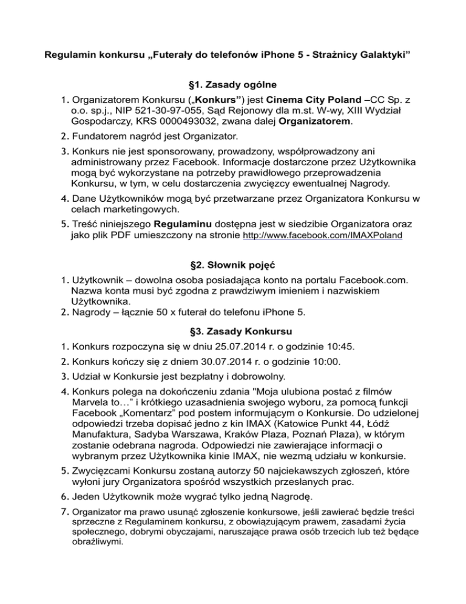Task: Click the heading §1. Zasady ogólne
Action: click(232, 85)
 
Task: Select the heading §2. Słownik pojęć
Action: click(232, 265)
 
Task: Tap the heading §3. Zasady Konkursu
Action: click(232, 332)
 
